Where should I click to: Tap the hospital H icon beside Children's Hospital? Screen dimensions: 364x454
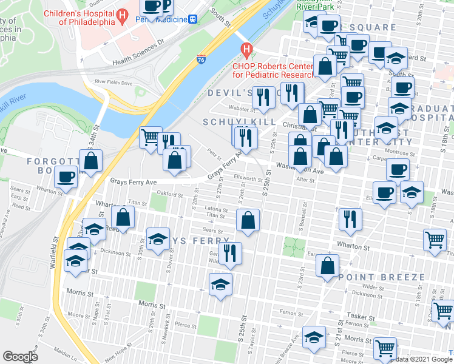[123, 15]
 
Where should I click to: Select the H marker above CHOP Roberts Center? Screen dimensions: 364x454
[246, 49]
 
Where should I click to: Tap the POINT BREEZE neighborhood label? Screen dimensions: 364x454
[382, 277]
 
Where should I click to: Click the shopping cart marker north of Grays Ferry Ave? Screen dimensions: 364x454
[150, 136]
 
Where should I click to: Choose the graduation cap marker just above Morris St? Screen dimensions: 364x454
[220, 284]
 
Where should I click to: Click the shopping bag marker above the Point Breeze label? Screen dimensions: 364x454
[327, 266]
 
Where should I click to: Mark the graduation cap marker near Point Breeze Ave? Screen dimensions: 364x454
[314, 337]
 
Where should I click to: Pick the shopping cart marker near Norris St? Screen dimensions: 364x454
[385, 349]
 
